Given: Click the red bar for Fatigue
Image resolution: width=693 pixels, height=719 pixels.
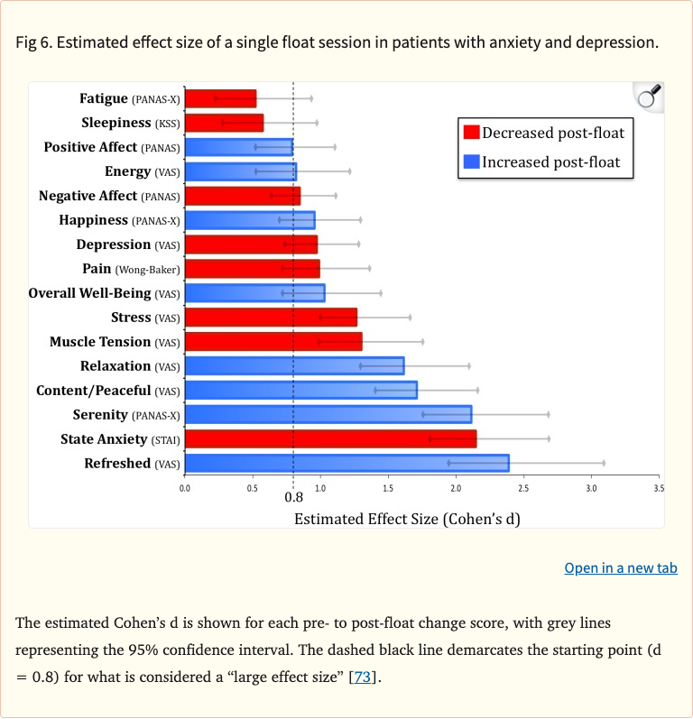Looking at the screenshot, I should tap(220, 98).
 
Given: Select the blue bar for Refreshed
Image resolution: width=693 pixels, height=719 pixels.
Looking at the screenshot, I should tap(346, 463).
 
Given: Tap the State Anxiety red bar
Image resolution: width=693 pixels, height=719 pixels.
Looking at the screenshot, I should tap(330, 438).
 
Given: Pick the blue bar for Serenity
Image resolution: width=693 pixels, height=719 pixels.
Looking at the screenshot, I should tap(328, 414).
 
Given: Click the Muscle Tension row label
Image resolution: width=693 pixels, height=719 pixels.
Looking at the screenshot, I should tap(115, 342).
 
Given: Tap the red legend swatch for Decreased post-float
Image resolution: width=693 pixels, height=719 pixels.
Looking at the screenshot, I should tap(471, 134).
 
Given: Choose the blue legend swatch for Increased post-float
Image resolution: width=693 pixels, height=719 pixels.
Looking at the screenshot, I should tap(471, 162).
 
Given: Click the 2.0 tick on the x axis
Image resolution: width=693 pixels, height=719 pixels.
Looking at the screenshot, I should tap(456, 487).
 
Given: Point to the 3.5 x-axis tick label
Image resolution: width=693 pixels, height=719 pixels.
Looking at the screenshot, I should tap(658, 487).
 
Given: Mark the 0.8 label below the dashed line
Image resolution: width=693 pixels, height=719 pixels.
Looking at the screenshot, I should tap(293, 497).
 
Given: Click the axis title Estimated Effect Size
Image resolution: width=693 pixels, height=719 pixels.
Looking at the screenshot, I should tap(407, 519).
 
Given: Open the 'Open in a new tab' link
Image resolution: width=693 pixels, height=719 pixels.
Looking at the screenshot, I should tap(620, 568).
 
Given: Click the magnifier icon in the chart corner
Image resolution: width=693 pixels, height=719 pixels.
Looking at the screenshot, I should tap(649, 97).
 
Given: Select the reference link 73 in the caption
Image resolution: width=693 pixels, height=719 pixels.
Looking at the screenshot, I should tap(362, 677).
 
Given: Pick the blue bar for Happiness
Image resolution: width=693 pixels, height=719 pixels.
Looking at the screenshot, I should tap(250, 220).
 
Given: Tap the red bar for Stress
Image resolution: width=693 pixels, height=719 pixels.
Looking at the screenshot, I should tap(271, 318).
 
